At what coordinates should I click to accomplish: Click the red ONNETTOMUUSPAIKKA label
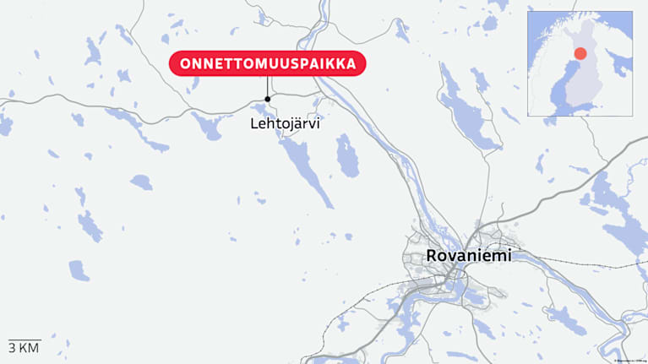268,63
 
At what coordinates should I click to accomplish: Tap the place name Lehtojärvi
286,123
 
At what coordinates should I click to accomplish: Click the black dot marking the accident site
268,99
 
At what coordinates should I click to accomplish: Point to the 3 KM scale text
24,348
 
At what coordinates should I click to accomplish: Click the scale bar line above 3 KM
24,340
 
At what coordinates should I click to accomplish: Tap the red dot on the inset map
580,54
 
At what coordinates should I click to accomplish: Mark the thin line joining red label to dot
268,87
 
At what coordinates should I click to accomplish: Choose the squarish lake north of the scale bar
79,270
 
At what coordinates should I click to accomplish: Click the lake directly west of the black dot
205,126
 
